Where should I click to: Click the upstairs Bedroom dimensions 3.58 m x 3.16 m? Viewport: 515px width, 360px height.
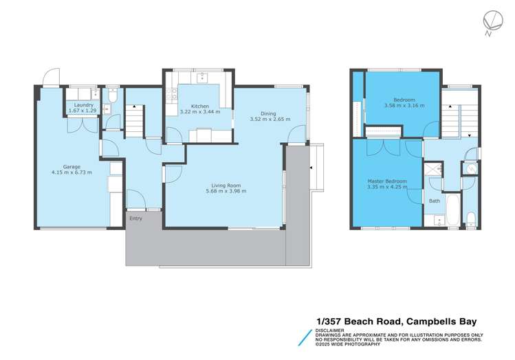(x=404, y=105)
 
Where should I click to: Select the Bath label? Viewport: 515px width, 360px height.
(x=435, y=201)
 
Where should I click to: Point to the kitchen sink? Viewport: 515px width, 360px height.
(x=202, y=78)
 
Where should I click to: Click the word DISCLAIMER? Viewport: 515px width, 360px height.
(x=330, y=330)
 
